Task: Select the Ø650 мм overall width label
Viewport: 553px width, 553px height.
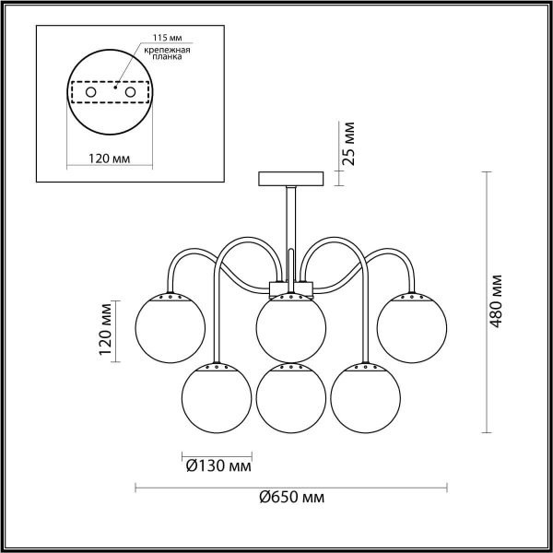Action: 292,498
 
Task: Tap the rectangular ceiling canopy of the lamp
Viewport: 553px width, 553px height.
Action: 291,177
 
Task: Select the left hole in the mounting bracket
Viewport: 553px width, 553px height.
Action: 90,93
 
